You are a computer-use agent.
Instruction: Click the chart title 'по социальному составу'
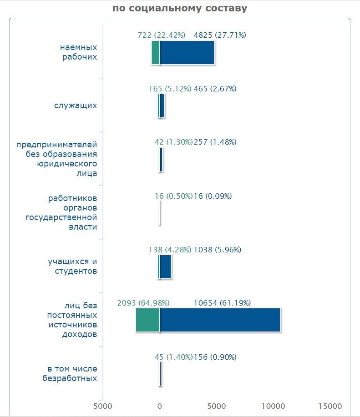coord(180,8)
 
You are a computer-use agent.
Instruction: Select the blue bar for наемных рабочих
coord(187,52)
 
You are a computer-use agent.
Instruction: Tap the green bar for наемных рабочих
coord(156,52)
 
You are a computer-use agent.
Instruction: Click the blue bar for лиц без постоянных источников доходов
coord(220,320)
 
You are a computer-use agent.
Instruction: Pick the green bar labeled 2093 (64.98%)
coord(148,320)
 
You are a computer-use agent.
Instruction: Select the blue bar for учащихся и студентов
coord(166,267)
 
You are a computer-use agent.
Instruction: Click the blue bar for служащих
coord(162,106)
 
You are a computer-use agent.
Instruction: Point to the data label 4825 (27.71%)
coord(220,35)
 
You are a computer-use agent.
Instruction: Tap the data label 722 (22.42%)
coord(162,35)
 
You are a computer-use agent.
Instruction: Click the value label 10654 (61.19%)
coord(222,303)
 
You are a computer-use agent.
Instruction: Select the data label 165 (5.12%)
coord(170,89)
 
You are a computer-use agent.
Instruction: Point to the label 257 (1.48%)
coord(215,142)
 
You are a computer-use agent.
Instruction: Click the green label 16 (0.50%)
coord(174,196)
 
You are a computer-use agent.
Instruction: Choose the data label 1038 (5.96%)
coord(218,250)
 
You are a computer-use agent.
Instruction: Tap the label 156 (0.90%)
coord(215,357)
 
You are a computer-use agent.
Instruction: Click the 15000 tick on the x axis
coord(330,406)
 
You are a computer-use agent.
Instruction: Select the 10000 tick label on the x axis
coord(273,406)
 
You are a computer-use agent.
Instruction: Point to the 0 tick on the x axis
coord(160,406)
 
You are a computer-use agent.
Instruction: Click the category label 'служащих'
coord(76,106)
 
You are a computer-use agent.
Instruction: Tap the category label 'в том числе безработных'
coord(70,373)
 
